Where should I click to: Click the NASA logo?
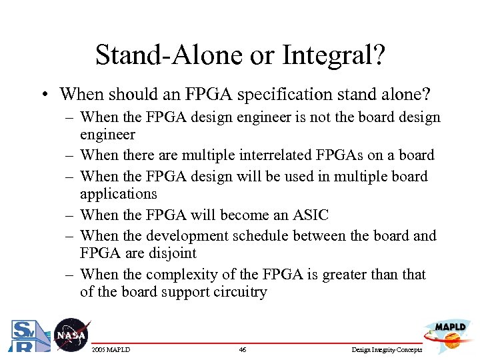point(71,335)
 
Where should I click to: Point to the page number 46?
point(242,350)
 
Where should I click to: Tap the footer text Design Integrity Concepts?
point(387,350)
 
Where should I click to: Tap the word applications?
point(118,194)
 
